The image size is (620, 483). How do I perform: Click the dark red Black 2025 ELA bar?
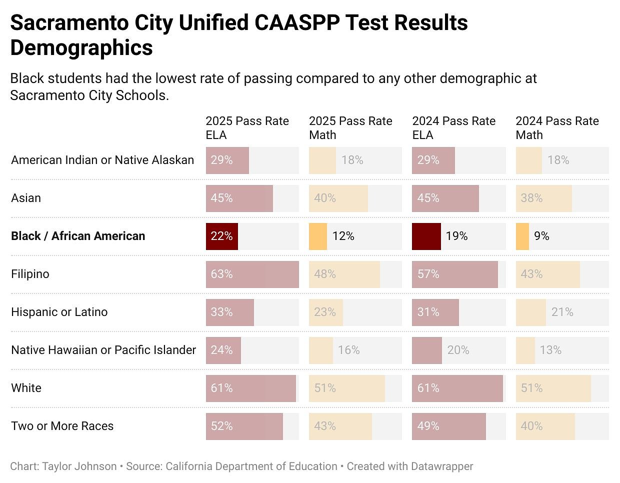[x=221, y=236]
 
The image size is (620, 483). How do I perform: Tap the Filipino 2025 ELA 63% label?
[x=221, y=274]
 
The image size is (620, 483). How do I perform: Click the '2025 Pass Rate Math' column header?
[x=350, y=128]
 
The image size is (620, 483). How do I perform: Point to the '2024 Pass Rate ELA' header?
[x=453, y=128]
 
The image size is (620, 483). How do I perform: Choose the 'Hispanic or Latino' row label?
[x=59, y=312]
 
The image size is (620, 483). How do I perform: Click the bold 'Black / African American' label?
[x=78, y=236]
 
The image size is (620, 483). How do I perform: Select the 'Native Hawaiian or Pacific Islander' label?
[x=103, y=350]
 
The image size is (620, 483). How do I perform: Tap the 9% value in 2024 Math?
[x=541, y=236]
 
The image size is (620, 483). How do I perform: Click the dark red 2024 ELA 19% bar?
[x=426, y=236]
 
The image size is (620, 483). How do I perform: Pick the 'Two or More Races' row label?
[x=62, y=426]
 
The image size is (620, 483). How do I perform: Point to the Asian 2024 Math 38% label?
[x=531, y=198]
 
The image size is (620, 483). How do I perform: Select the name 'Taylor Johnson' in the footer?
[x=79, y=466]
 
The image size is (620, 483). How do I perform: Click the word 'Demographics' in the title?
[x=81, y=48]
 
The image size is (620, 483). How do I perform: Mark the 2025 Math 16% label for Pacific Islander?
[x=348, y=350]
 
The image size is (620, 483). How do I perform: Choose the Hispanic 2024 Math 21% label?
[x=562, y=312]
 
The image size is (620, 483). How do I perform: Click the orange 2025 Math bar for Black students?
[x=318, y=236]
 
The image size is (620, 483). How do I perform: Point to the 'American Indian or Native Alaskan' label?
[x=102, y=160]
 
